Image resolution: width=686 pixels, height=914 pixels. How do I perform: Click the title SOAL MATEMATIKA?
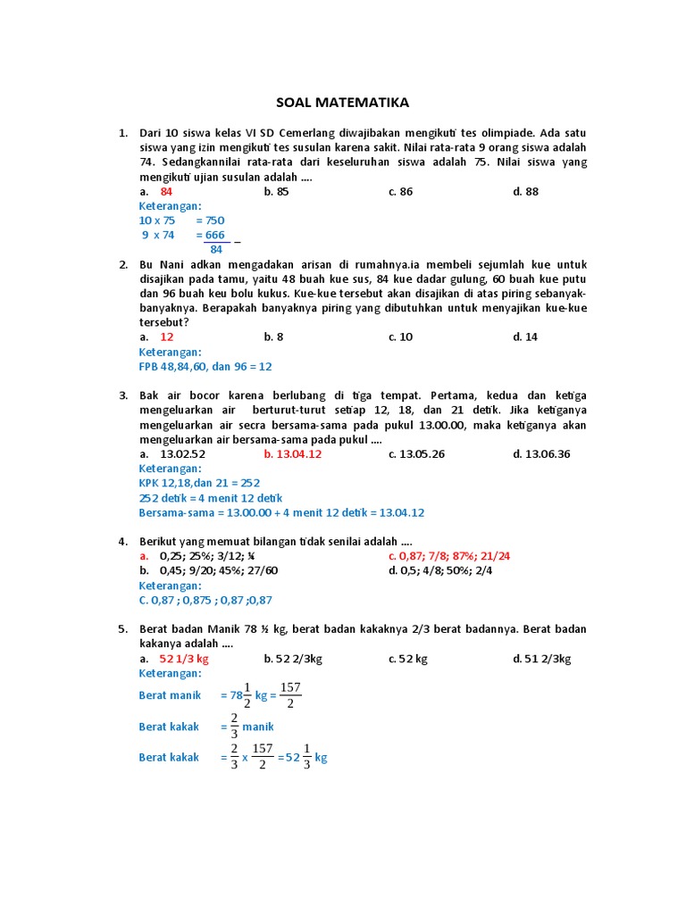342,103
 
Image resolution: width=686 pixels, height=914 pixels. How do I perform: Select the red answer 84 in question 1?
167,191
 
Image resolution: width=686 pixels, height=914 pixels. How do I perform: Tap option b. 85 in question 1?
277,191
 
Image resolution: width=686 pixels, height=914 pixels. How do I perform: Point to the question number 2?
124,264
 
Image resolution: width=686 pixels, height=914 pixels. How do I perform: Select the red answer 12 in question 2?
167,337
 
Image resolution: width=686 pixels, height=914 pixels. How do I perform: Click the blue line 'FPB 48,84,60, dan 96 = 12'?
205,366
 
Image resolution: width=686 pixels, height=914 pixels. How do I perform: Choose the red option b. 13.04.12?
293,453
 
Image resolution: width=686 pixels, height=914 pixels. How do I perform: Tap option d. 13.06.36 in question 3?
541,453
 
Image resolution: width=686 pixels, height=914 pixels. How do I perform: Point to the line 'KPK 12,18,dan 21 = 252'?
199,483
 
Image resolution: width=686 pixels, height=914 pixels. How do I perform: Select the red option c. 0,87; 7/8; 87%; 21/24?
449,555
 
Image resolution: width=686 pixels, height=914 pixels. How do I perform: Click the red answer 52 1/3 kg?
183,659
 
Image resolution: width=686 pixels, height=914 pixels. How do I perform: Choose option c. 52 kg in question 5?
408,659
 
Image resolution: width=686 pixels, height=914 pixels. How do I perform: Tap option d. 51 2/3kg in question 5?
541,659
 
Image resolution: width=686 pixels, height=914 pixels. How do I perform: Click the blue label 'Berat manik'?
170,694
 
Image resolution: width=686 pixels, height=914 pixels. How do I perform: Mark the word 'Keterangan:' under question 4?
171,586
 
